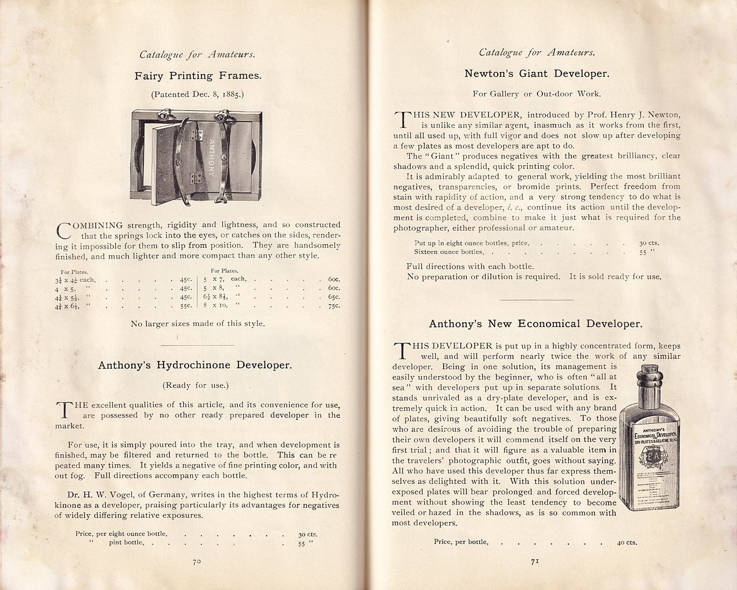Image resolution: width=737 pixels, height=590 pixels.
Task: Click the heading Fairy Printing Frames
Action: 198,76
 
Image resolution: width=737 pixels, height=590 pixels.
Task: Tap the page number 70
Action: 197,561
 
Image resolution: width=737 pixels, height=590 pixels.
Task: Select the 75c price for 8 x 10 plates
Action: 334,306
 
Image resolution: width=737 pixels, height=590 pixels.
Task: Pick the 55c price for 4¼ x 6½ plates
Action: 185,306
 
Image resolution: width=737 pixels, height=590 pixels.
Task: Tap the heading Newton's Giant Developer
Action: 537,74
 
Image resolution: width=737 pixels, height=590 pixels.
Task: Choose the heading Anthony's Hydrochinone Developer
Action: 195,365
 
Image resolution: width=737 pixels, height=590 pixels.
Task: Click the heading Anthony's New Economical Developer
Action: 536,324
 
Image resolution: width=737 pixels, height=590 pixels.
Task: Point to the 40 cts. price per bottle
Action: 627,543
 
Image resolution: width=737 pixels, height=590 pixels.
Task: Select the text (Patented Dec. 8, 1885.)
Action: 198,94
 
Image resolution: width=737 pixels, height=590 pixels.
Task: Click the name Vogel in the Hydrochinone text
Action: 110,495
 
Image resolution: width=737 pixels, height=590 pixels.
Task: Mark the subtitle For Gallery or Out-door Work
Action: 537,94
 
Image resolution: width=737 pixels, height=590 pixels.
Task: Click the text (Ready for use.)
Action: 196,385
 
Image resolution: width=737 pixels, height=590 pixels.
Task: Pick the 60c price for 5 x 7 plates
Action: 334,279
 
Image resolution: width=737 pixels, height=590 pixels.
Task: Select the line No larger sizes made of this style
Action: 198,324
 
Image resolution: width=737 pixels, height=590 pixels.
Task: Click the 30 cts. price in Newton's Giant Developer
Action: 649,243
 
